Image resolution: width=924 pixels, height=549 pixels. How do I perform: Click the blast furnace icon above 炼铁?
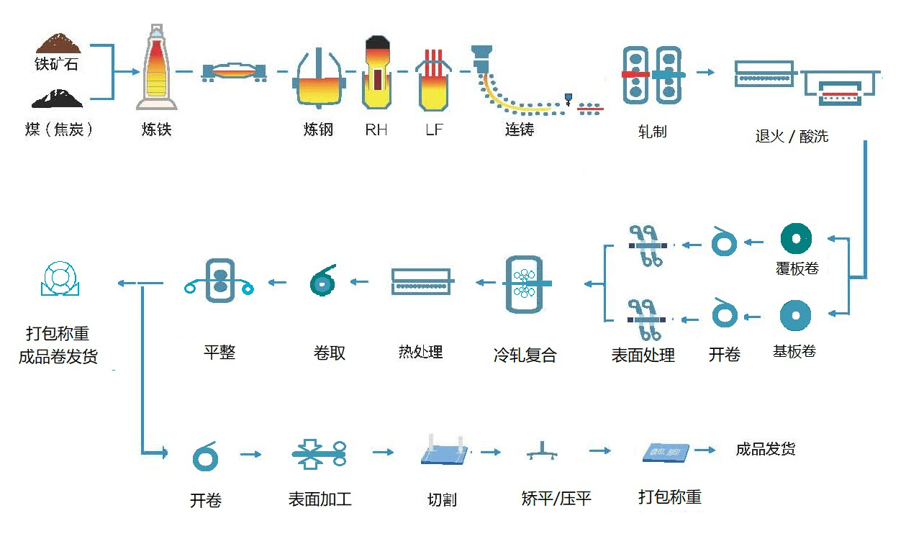(x=157, y=68)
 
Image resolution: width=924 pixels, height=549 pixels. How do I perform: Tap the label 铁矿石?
(x=56, y=64)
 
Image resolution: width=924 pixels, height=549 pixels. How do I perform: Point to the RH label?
(x=376, y=130)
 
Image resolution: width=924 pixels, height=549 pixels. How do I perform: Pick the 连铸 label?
(x=520, y=130)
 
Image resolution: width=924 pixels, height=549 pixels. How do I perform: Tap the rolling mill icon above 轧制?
(x=652, y=73)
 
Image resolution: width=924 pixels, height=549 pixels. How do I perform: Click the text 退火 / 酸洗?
(x=792, y=136)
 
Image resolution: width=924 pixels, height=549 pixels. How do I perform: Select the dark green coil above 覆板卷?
(x=797, y=239)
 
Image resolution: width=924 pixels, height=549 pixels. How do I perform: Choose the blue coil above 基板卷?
(x=795, y=316)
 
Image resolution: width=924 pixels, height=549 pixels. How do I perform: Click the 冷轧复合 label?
(x=525, y=355)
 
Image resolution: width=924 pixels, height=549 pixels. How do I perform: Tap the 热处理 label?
(x=420, y=352)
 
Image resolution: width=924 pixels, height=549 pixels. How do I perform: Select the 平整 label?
(x=219, y=352)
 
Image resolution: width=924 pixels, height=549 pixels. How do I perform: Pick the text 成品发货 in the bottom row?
(x=766, y=450)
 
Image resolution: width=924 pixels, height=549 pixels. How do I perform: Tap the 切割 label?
(x=442, y=499)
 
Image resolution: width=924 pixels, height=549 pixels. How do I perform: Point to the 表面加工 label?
(x=320, y=499)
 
